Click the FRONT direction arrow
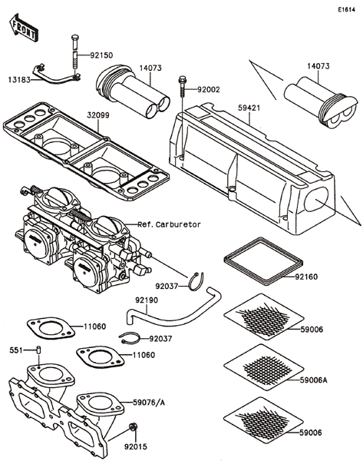24,28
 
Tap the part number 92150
101,55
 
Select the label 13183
19,79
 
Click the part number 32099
98,115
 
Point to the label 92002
209,89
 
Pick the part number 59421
249,108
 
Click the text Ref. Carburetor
170,224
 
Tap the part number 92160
306,277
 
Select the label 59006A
313,380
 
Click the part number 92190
147,300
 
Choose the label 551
16,350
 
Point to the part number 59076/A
149,402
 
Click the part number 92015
135,447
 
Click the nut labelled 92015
134,426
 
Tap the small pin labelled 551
39,350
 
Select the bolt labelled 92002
182,87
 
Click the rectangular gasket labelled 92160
263,262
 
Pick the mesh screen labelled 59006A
263,367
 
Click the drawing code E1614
347,10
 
